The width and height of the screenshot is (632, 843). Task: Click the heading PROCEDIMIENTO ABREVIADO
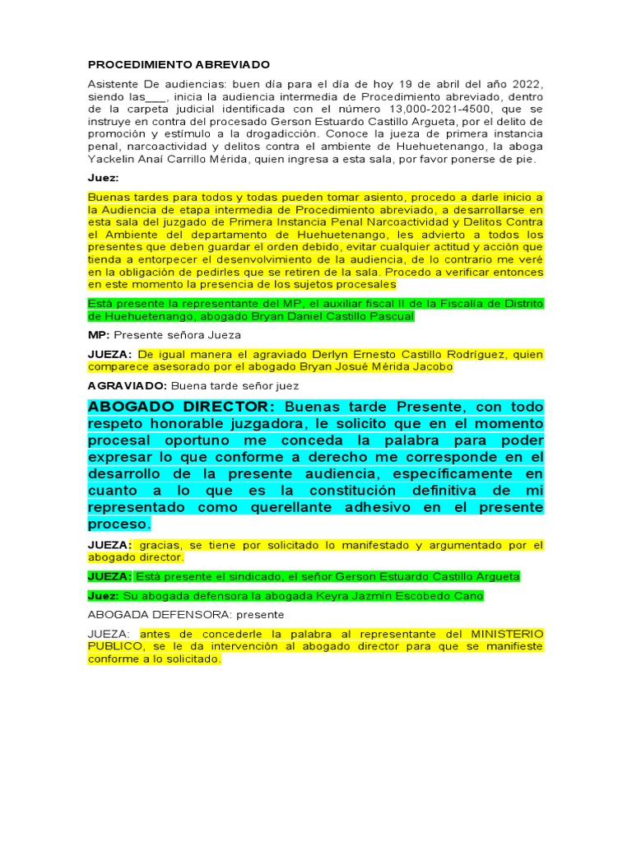click(179, 64)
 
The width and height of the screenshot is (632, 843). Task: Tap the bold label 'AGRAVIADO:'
click(127, 385)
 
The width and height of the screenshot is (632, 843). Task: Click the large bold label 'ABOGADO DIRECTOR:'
click(181, 407)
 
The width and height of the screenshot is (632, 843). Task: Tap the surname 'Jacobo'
click(433, 367)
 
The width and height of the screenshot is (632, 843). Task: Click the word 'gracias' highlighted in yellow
click(158, 545)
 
